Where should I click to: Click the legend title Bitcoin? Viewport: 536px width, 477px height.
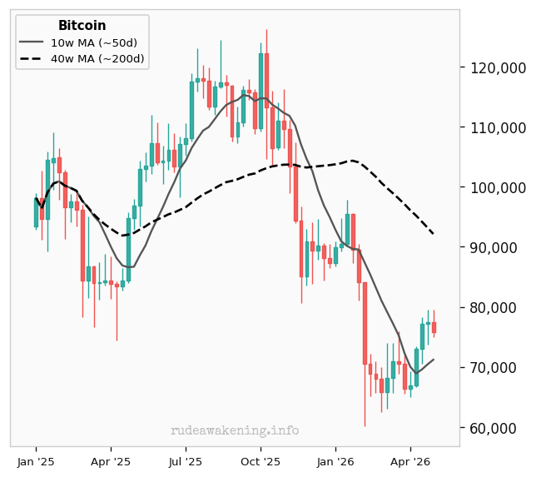[82, 25]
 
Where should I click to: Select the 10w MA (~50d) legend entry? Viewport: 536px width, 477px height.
[78, 42]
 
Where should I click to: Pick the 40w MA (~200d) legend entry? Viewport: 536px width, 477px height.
[82, 59]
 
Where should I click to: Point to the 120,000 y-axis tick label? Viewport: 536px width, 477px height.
[498, 68]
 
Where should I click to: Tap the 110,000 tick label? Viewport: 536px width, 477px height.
[498, 128]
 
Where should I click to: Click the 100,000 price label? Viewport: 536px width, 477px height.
[498, 188]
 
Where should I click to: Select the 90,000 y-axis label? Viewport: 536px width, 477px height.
[494, 247]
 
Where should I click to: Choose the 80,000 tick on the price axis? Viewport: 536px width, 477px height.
[494, 308]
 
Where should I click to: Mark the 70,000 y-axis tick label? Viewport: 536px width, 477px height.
[494, 368]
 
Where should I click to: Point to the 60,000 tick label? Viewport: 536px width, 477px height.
[494, 428]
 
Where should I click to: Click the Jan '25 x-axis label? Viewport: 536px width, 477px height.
[36, 462]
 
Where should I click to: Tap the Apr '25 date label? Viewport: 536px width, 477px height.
[111, 462]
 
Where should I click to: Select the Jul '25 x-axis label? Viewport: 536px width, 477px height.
[186, 462]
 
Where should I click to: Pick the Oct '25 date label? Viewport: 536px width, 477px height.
[261, 462]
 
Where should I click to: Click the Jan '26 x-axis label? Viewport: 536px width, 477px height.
[335, 462]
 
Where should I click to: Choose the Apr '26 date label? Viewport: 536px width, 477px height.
[410, 462]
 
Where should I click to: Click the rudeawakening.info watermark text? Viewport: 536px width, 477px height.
[235, 430]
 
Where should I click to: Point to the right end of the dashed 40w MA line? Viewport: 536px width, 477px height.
[434, 234]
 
